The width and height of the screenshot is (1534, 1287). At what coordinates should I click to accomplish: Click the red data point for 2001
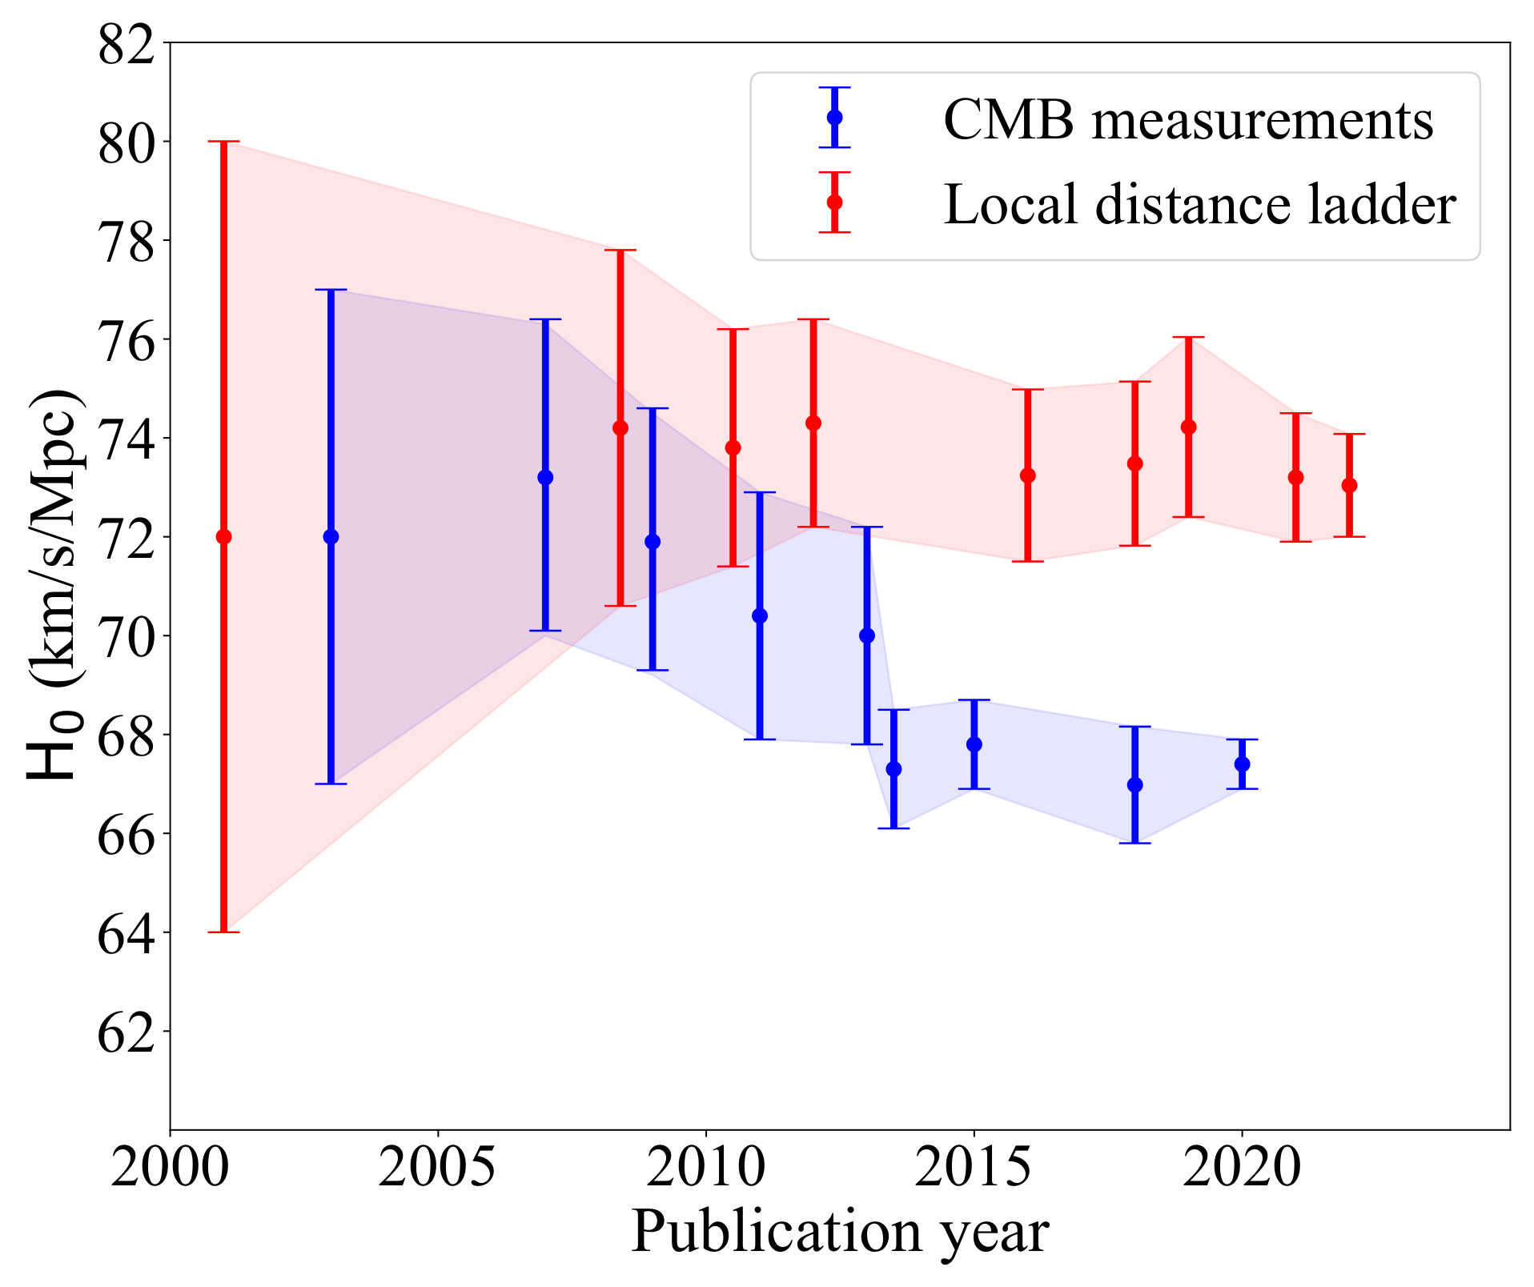click(x=224, y=536)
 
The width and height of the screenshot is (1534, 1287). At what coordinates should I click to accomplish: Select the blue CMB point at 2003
click(x=331, y=536)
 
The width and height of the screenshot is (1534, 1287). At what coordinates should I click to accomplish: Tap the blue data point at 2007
click(x=545, y=477)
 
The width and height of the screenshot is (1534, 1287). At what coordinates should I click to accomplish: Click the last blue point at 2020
click(x=1242, y=764)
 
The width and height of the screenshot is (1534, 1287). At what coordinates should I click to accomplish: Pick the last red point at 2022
click(x=1349, y=485)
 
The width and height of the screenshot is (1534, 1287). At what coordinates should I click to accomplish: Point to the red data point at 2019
click(x=1188, y=427)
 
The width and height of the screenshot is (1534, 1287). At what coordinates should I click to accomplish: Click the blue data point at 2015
click(x=974, y=744)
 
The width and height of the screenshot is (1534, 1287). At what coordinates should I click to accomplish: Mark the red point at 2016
click(x=1028, y=475)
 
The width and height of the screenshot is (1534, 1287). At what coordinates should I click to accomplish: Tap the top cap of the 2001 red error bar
click(x=224, y=142)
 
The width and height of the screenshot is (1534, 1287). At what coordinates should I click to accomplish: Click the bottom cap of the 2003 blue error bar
click(x=331, y=784)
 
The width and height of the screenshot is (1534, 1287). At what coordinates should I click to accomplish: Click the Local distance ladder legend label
click(x=1199, y=204)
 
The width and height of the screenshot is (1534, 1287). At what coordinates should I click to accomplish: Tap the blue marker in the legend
click(x=834, y=117)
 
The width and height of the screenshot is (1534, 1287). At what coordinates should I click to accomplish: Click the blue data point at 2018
click(x=1134, y=784)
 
